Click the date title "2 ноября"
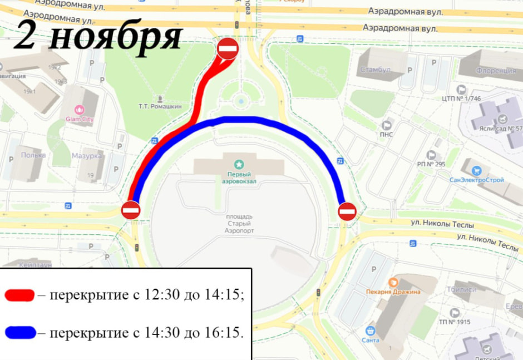pos(97,37)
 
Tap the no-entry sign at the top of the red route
pos(228,48)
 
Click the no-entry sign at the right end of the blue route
pos(347,211)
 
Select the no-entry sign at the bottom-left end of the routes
pos(131,210)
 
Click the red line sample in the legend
pos(19,295)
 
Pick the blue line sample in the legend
pos(21,333)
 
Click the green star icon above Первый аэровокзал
pos(239,164)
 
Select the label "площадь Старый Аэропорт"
pos(239,223)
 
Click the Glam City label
pos(80,119)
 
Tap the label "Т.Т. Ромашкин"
pos(160,106)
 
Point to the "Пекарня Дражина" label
pos(393,292)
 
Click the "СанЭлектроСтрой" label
pos(477,180)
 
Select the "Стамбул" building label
pos(375,70)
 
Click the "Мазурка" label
pos(87,156)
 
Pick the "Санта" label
pos(370,340)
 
